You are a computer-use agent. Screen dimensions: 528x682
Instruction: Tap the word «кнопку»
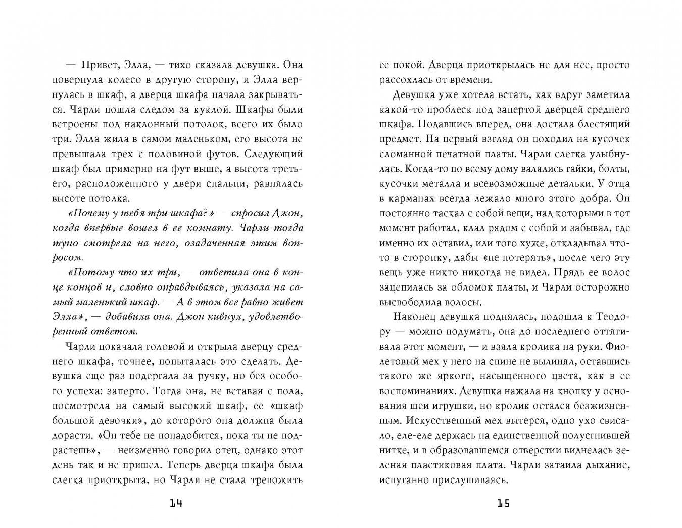[x=564, y=391]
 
